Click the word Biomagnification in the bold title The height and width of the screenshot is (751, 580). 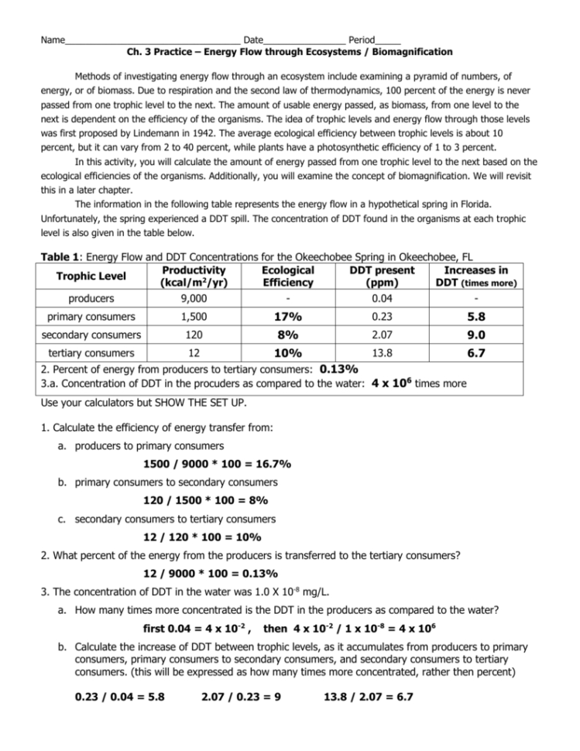[408, 52]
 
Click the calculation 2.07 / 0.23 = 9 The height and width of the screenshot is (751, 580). [240, 696]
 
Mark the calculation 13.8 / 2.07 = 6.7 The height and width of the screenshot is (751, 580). [368, 696]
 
